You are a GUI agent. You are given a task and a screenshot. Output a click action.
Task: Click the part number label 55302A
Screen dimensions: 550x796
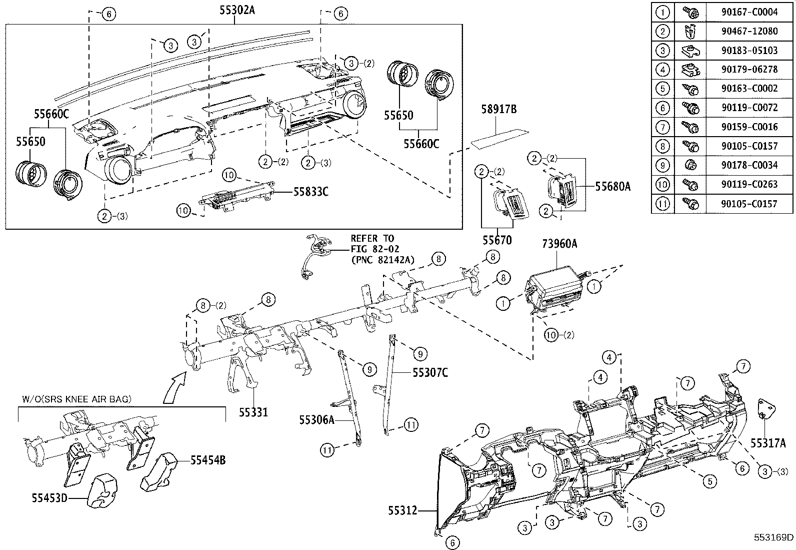point(237,9)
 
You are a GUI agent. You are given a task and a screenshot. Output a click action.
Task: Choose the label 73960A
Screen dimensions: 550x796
point(559,244)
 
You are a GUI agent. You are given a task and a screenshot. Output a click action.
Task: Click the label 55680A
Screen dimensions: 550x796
point(612,187)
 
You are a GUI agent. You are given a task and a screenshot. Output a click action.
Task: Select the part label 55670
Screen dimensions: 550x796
point(497,240)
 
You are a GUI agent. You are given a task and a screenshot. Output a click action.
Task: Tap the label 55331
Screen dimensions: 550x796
point(253,412)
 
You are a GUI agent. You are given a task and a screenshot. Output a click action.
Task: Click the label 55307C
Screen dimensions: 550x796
point(430,372)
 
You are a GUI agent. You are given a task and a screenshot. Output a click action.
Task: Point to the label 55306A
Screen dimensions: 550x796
point(316,420)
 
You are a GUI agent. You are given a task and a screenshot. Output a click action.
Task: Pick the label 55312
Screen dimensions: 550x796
point(402,510)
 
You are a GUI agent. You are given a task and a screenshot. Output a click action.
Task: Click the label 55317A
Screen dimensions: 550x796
point(768,443)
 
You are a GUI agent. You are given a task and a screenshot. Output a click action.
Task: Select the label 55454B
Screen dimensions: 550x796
point(207,459)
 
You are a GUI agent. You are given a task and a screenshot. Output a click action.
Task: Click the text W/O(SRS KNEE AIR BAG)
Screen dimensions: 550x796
point(76,399)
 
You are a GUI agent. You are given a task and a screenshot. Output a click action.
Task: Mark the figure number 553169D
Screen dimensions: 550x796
point(774,538)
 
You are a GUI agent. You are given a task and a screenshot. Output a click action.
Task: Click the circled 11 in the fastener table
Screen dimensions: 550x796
point(662,203)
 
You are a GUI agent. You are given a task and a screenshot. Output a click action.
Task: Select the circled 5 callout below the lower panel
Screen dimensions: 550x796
point(709,481)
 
